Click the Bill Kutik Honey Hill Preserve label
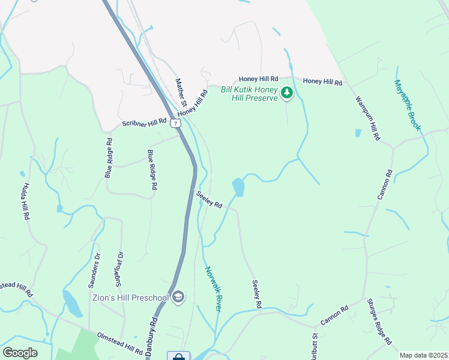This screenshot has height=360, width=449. pyautogui.click(x=249, y=93)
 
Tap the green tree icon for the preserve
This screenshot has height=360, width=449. pyautogui.click(x=287, y=92)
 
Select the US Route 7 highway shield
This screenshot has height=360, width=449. pyautogui.click(x=175, y=123)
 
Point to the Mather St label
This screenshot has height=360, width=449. pyautogui.click(x=181, y=92)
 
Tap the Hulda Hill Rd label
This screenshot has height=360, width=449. pyautogui.click(x=26, y=202)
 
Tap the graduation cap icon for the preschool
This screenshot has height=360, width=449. pyautogui.click(x=178, y=297)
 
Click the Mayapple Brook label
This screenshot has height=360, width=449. pyautogui.click(x=408, y=106)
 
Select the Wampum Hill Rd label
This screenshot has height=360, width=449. pyautogui.click(x=367, y=118)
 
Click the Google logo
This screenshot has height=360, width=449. pyautogui.click(x=20, y=353)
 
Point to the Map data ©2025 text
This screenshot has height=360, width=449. pyautogui.click(x=424, y=355)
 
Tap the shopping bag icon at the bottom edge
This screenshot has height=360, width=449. pyautogui.click(x=178, y=357)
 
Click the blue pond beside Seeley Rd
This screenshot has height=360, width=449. pyautogui.click(x=238, y=187)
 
